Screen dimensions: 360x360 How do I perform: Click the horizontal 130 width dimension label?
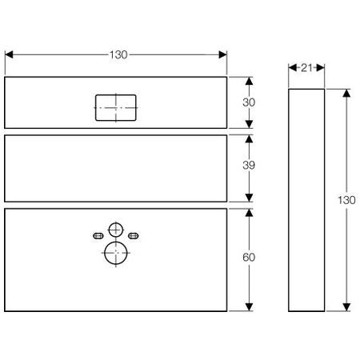click(x=118, y=55)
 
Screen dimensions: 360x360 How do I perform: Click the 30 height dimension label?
click(x=249, y=102)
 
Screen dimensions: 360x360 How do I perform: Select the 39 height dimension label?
click(x=249, y=166)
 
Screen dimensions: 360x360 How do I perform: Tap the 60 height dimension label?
click(x=249, y=258)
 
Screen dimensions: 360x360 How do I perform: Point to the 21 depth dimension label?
click(x=306, y=68)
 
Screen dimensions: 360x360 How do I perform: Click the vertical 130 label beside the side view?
click(x=346, y=200)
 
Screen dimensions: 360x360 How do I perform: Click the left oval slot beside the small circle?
click(x=98, y=236)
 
